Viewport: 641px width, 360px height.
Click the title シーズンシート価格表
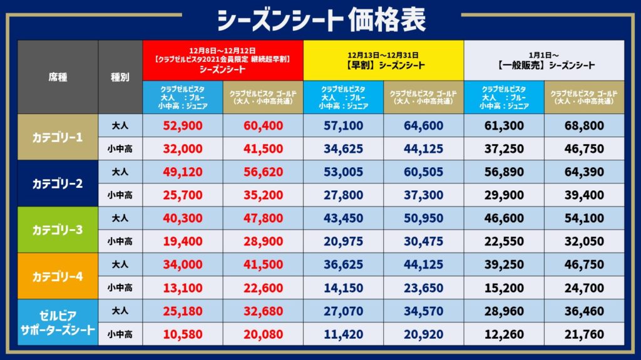[x=320, y=19]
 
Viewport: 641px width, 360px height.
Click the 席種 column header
[x=58, y=77]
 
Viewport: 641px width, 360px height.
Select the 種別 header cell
[x=120, y=77]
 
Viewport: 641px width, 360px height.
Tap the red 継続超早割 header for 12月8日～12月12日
[x=223, y=60]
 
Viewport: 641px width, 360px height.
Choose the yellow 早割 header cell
[x=383, y=60]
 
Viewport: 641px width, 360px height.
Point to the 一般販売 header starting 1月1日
[x=543, y=60]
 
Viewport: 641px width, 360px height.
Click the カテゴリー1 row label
[x=58, y=136]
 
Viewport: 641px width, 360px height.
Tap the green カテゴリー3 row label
[x=58, y=229]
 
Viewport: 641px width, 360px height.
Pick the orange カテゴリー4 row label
[x=58, y=275]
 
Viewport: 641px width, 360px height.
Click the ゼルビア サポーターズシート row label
[x=58, y=322]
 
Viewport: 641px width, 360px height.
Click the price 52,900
[x=183, y=125]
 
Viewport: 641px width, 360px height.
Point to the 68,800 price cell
[x=583, y=125]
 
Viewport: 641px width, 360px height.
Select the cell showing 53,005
[x=343, y=172]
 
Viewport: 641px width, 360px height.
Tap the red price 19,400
[x=183, y=241]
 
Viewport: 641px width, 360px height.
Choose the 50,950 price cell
[x=423, y=218]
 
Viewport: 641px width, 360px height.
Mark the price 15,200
[x=503, y=287]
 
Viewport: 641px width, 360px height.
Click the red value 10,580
[x=183, y=334]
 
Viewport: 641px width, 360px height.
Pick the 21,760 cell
[x=583, y=334]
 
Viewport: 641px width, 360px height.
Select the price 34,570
[x=423, y=311]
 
